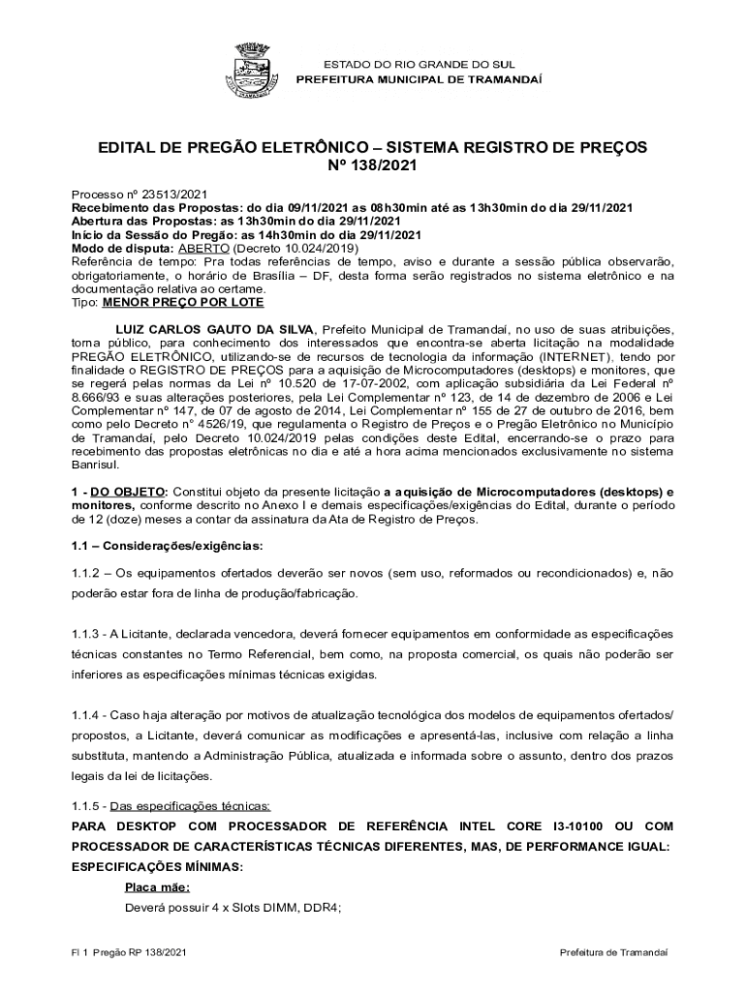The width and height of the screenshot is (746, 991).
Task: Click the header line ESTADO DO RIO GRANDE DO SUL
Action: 419,63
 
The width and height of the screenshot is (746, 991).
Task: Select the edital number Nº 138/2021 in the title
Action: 372,166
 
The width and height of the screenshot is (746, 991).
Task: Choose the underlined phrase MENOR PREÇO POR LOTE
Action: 170,302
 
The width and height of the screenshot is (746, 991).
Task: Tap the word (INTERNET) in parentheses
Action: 574,356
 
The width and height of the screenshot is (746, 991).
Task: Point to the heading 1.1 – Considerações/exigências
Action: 153,546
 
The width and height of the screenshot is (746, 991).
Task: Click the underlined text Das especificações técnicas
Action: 190,806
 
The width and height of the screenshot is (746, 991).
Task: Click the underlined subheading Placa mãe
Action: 157,887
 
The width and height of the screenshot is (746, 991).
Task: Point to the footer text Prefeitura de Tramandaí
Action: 613,953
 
